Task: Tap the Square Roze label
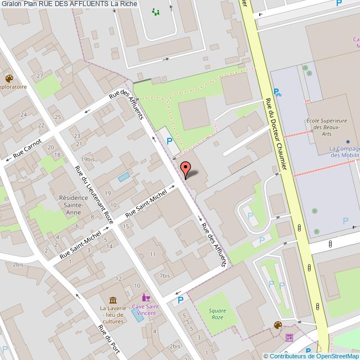pos(218,314)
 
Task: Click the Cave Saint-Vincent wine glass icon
pos(146,297)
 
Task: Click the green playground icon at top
pos(156,11)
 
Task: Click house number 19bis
pos(88,160)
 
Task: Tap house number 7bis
pos(164,275)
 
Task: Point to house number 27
pos(39,75)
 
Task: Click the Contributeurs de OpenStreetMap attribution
pos(312,356)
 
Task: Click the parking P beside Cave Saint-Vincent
pos(180,301)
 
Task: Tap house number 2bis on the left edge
pos(19,265)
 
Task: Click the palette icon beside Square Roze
pos(277,325)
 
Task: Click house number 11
pos(152,254)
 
